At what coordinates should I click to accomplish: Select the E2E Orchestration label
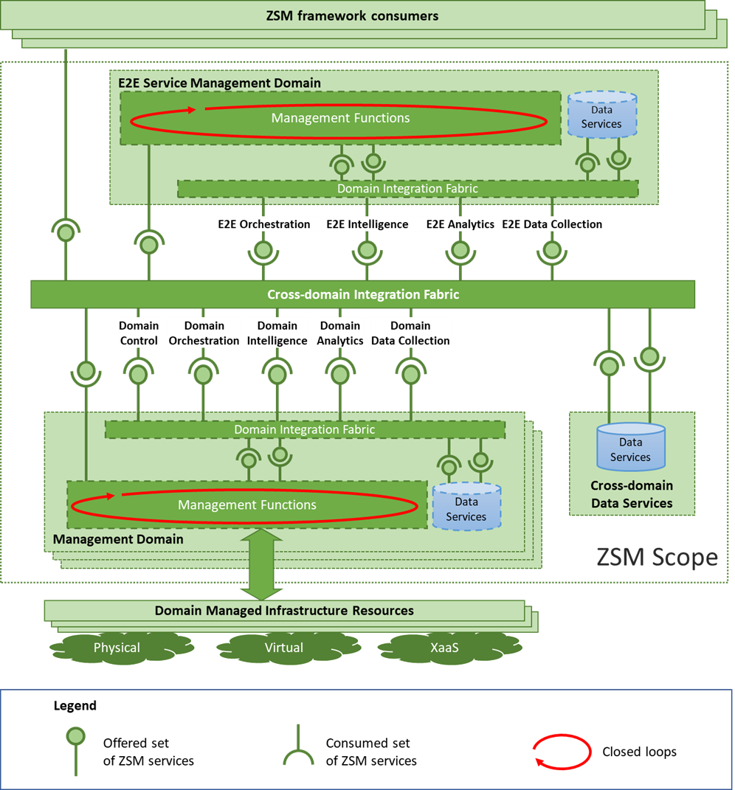tap(263, 224)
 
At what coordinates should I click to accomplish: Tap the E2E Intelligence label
tap(367, 224)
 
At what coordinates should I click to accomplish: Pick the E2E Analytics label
tap(460, 224)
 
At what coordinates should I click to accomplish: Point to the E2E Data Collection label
tap(552, 224)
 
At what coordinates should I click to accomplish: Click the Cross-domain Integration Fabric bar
tap(362, 294)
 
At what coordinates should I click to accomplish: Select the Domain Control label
tap(139, 333)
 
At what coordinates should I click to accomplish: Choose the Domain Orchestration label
tap(204, 333)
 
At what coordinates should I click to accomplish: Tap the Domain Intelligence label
tap(277, 333)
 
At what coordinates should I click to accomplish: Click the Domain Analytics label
tap(340, 333)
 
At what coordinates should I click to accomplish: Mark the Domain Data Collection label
tap(410, 333)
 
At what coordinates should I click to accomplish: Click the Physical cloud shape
tap(116, 648)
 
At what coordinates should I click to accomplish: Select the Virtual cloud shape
tap(283, 648)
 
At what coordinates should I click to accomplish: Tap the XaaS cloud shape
tap(444, 648)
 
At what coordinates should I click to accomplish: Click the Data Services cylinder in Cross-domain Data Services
tap(630, 448)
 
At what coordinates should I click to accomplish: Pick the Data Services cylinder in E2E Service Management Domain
tap(601, 117)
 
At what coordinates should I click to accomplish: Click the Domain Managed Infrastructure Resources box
tap(284, 611)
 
